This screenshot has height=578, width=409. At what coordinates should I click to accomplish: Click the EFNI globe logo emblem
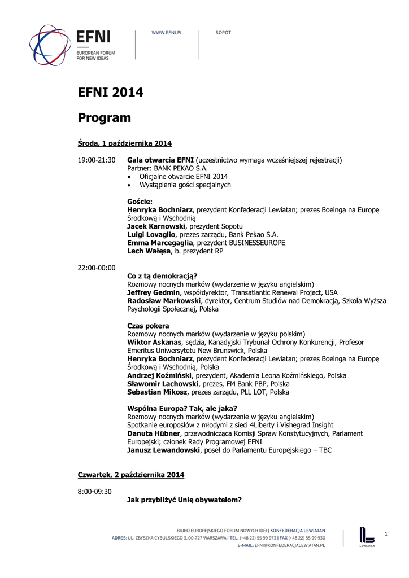(50, 45)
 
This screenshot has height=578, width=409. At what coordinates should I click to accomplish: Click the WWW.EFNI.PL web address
(167, 33)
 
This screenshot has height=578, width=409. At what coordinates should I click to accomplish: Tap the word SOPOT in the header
(223, 33)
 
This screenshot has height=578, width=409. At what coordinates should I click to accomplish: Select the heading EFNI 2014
(110, 92)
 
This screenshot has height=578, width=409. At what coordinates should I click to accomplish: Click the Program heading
(105, 118)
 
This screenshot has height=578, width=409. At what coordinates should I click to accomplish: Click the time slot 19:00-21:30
(97, 160)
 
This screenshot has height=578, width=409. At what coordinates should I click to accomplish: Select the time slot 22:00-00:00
(97, 268)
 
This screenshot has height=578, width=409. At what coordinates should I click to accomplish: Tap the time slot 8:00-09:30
(95, 491)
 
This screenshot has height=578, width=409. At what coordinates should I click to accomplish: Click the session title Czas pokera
(148, 326)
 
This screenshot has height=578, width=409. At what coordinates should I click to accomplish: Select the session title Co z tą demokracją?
(162, 276)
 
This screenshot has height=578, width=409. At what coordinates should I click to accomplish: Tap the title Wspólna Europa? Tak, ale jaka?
(182, 409)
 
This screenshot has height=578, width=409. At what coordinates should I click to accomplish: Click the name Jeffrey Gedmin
(154, 292)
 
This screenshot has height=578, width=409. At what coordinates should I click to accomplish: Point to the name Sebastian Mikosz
(158, 392)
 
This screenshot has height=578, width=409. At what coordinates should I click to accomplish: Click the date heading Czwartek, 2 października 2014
(130, 475)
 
